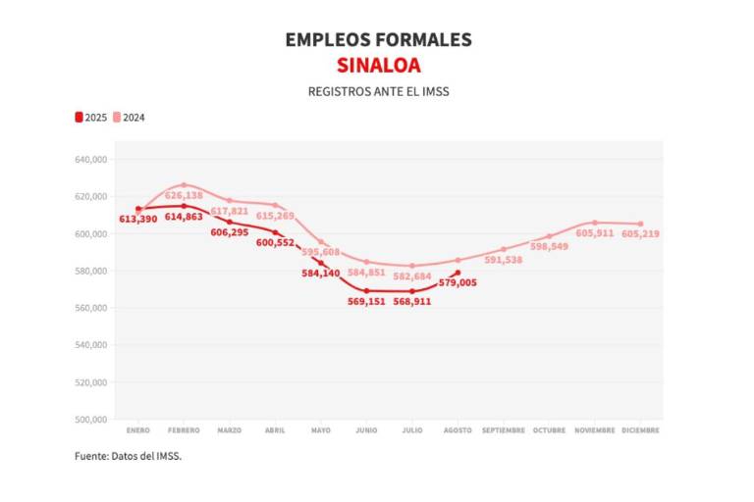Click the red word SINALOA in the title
coord(378,66)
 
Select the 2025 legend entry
coord(91,118)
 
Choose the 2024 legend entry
coord(130,118)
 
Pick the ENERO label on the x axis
coord(137,430)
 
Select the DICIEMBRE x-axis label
coord(640,430)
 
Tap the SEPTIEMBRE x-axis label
coord(504,430)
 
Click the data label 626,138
coord(184,195)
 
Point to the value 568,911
coord(412,302)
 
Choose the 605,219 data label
coord(641,233)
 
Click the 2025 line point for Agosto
coord(458,273)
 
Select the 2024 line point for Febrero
coord(184,184)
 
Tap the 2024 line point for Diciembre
coord(641,224)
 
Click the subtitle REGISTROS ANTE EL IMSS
coord(378,91)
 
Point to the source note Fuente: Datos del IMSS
coord(129,456)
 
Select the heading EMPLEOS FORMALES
coord(378,40)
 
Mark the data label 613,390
coord(138,219)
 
